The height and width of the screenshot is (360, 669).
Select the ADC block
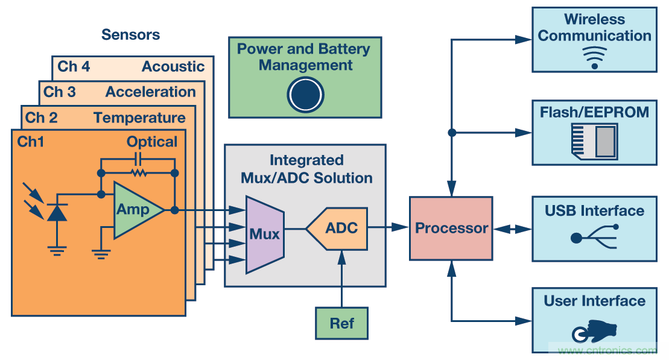[x=338, y=229]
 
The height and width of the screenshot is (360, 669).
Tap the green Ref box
[x=341, y=323]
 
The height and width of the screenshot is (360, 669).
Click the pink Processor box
[x=451, y=229]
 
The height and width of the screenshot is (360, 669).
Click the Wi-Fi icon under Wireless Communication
[x=595, y=57]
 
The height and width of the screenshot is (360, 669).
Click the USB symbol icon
[x=594, y=236]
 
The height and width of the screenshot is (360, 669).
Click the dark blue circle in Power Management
[x=305, y=95]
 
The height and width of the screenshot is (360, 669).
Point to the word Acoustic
[x=173, y=67]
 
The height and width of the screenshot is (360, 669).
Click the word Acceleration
[x=151, y=92]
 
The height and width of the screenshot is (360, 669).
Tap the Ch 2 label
[x=42, y=118]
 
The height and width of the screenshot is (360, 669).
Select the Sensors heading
[x=130, y=34]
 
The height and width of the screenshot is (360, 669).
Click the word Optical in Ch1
[x=152, y=142]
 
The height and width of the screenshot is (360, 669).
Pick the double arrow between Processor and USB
[x=512, y=229]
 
